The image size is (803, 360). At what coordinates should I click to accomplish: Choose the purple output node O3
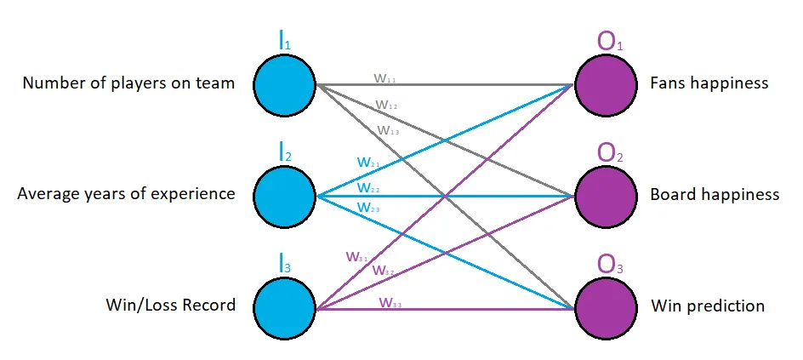605,306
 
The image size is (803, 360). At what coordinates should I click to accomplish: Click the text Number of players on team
128,83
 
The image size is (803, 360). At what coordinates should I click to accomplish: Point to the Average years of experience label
126,194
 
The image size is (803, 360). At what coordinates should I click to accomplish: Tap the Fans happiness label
709,83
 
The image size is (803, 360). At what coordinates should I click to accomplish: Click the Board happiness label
714,194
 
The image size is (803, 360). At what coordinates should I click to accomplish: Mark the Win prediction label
707,305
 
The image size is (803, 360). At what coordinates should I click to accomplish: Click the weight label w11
385,77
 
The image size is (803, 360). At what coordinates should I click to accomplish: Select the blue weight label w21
368,162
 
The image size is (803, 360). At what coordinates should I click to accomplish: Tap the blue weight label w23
368,207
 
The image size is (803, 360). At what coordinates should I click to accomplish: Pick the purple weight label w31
357,255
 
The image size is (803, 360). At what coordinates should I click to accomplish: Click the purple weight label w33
391,302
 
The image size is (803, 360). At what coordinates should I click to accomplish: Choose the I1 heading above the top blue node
285,39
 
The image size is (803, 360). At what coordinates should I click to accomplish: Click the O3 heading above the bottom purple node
611,263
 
